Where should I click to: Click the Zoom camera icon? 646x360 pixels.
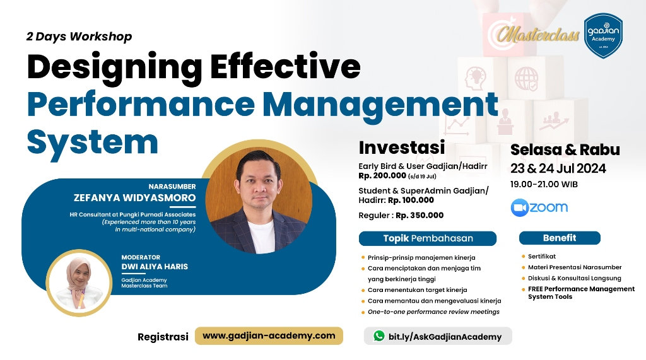click(519, 207)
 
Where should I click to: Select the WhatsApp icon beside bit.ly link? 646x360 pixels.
click(379, 336)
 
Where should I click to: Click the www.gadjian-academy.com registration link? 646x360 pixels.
click(269, 335)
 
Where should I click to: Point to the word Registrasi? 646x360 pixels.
click(163, 337)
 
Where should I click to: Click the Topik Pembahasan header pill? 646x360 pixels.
click(428, 238)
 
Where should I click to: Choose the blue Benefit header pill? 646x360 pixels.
click(559, 238)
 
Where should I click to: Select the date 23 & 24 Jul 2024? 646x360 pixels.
click(558, 168)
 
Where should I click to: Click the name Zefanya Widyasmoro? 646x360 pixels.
click(134, 197)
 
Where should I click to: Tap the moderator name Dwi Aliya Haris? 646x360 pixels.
click(155, 266)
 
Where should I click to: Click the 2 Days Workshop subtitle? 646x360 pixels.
click(79, 37)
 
